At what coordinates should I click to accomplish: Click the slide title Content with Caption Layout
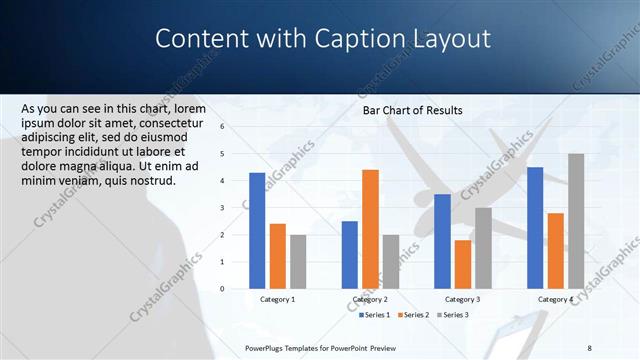click(x=323, y=39)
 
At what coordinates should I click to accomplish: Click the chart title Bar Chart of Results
click(x=412, y=110)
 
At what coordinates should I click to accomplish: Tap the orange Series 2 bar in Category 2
click(x=370, y=228)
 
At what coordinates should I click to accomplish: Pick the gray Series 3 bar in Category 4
click(x=576, y=220)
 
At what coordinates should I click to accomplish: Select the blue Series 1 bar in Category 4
click(x=535, y=227)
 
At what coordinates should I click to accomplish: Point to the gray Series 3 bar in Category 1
click(x=299, y=261)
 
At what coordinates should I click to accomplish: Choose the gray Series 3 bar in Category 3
click(x=483, y=247)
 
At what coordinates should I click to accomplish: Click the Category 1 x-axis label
click(x=278, y=299)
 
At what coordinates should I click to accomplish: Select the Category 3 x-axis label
click(x=462, y=299)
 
